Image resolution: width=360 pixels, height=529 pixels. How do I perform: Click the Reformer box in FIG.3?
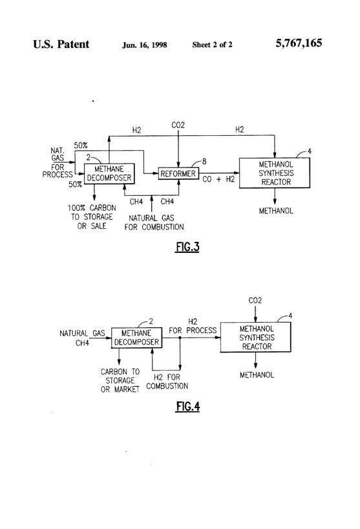click(x=178, y=173)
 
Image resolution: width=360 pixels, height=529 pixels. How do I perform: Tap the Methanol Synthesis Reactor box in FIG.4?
click(x=257, y=337)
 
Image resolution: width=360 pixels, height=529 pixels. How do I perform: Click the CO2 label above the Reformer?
click(x=178, y=124)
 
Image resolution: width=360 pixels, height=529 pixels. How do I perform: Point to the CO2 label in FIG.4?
click(x=257, y=301)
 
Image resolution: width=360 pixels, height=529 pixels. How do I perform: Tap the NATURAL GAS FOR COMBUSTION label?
click(x=155, y=222)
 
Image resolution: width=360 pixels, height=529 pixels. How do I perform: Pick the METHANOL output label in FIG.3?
click(x=275, y=211)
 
